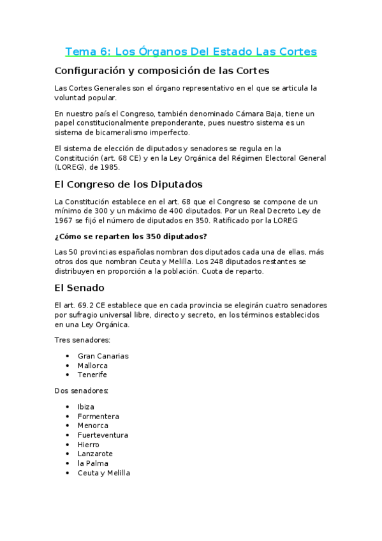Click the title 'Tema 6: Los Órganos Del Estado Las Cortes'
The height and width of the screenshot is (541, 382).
click(x=191, y=51)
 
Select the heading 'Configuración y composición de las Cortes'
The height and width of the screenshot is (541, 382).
click(x=162, y=70)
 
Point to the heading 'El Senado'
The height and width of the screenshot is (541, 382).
click(x=80, y=288)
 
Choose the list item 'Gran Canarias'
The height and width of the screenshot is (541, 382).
click(x=103, y=356)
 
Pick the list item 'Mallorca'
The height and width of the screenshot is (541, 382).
click(x=92, y=366)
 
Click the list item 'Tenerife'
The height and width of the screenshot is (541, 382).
click(x=92, y=374)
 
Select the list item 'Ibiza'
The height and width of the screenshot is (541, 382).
click(x=86, y=407)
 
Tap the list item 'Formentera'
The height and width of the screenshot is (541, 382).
click(x=98, y=417)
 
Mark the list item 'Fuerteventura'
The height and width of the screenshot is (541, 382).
click(x=103, y=435)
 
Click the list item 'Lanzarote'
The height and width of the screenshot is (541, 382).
click(x=95, y=454)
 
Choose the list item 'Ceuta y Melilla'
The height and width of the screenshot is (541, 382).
click(x=103, y=473)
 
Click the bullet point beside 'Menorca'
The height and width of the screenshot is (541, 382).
click(x=68, y=426)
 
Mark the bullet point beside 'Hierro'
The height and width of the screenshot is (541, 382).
click(x=68, y=445)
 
